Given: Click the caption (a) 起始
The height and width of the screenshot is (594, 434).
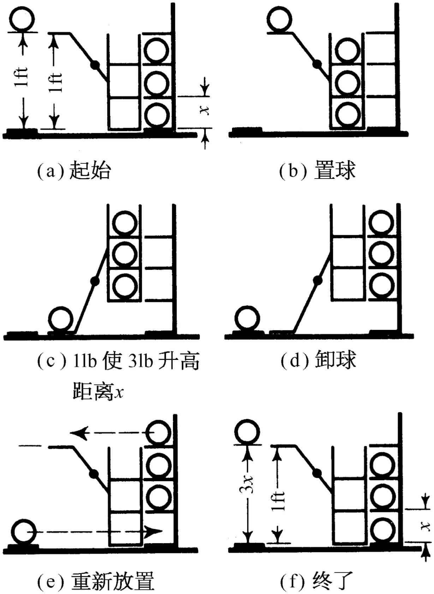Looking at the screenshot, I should [x=74, y=171].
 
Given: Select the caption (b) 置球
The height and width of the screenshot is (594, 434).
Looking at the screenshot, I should [x=317, y=171].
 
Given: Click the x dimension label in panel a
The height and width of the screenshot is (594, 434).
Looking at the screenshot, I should [x=204, y=111].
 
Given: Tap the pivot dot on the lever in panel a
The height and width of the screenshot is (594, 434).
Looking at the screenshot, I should [x=95, y=65].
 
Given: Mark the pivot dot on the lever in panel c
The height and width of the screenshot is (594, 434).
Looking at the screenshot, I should [x=94, y=281].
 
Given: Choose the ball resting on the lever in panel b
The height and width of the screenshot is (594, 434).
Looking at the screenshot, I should [x=279, y=20].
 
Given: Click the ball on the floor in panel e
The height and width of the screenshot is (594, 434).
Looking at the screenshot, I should [x=24, y=532].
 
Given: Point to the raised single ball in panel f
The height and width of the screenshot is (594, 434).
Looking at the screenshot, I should [x=248, y=432].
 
